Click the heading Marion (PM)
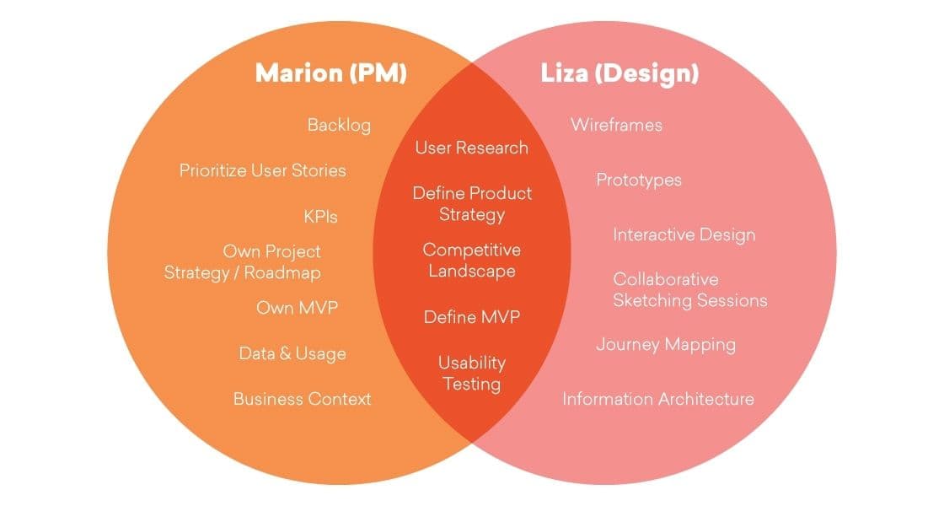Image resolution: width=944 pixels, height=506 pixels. tap(331, 73)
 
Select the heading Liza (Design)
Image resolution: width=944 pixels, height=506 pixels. tap(619, 73)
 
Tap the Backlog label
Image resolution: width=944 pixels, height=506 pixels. tap(339, 126)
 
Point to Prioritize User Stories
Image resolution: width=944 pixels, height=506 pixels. tap(262, 170)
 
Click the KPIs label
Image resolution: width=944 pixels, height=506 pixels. tap(320, 217)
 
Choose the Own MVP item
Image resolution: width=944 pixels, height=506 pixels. tap(297, 308)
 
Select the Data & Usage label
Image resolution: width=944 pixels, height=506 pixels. tap(292, 353)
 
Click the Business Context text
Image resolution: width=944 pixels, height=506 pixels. tap(302, 399)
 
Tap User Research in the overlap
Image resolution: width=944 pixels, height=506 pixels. tap(471, 148)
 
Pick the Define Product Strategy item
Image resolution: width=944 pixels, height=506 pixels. tap(472, 203)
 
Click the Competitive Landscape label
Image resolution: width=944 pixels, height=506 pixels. tap(471, 261)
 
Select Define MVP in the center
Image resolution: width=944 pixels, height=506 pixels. tap(471, 318)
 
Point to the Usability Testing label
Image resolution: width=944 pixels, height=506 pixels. tap(471, 374)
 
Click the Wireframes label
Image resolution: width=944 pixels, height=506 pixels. tap(616, 126)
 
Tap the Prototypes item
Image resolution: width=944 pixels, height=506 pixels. tap(639, 180)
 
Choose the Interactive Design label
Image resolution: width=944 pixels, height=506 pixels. tap(684, 234)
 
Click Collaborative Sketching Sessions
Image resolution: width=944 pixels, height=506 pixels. tap(689, 289)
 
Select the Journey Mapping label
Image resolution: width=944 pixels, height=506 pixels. tap(666, 344)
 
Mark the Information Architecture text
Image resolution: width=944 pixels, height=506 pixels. tap(657, 399)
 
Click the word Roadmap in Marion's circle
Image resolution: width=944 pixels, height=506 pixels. tap(282, 273)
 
